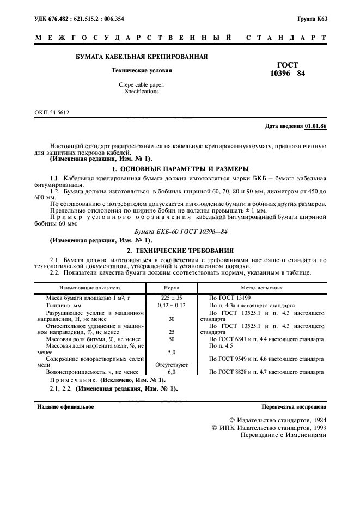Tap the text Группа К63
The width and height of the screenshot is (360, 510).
(312, 19)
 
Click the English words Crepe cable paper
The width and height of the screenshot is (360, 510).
(141, 85)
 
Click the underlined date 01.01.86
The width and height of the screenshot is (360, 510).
(315, 126)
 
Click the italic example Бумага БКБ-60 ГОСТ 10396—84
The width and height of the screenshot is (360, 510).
(180, 231)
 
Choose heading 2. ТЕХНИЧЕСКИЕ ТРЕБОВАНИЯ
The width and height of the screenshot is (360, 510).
(180, 251)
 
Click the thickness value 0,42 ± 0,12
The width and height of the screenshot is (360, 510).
(172, 306)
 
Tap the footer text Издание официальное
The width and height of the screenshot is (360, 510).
(65, 406)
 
